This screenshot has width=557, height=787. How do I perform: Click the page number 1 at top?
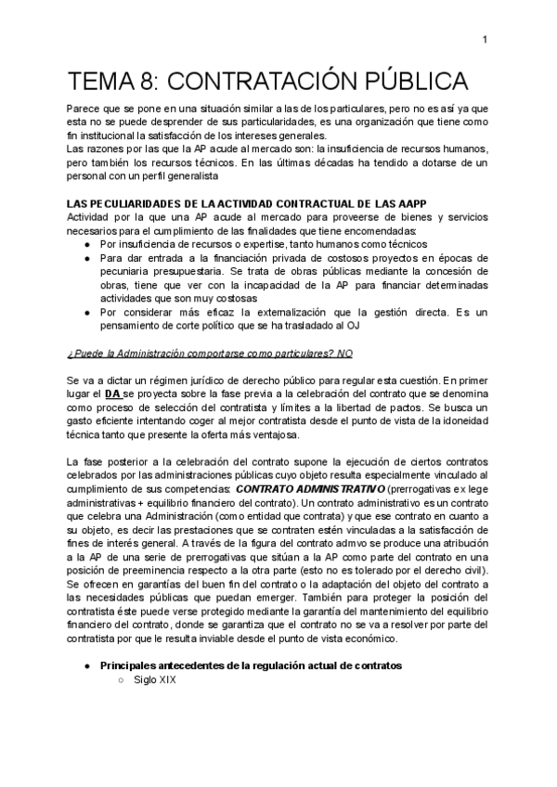485,39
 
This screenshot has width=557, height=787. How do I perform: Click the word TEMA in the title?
101,79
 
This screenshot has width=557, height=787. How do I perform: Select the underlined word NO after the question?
345,354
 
